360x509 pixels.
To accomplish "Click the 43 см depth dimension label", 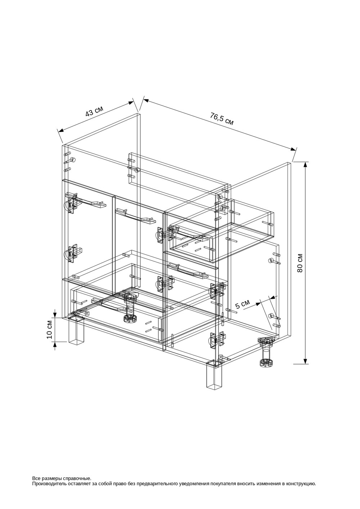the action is [94, 111].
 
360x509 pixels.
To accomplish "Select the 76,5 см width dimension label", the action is [222, 119].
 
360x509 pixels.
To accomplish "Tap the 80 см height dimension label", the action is [300, 263].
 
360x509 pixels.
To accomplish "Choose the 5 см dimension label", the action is [242, 304].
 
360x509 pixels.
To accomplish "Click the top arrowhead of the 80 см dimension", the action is [306, 165].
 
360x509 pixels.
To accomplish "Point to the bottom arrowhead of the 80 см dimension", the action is [306, 360].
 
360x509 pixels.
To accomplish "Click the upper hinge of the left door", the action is [72, 203].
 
